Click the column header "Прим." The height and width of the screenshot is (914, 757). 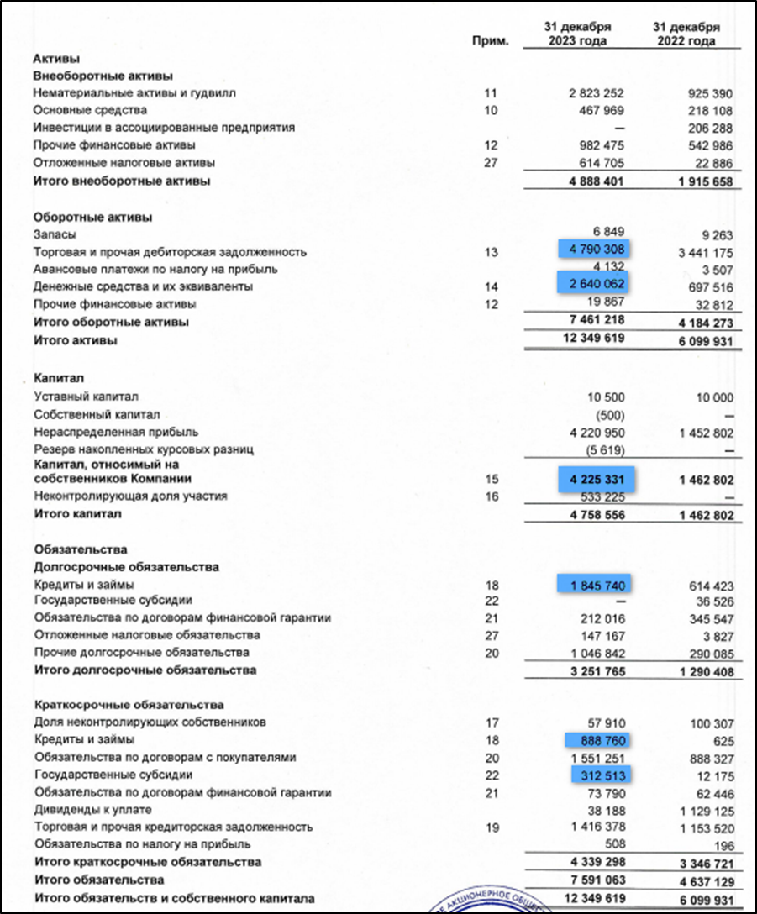tap(492, 40)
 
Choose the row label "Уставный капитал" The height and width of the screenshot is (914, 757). tap(85, 397)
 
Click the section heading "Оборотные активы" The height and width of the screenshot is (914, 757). tap(92, 218)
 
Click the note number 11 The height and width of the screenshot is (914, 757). tap(492, 93)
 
